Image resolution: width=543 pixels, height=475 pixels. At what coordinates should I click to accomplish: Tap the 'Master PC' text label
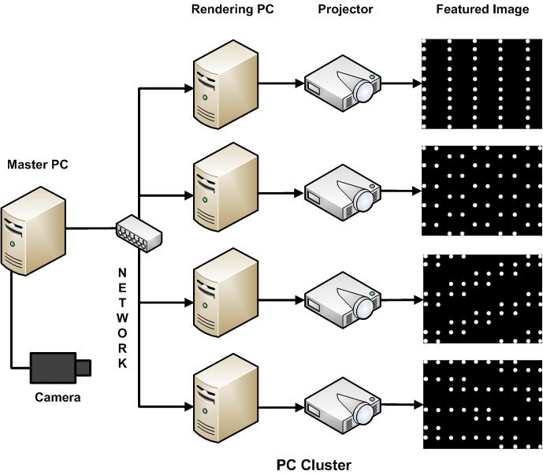click(37, 165)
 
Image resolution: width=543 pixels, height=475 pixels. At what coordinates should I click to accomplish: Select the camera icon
click(60, 366)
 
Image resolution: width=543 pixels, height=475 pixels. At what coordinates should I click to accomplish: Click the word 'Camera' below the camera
click(58, 397)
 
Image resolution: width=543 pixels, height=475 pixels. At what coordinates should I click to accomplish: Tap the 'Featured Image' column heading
click(482, 10)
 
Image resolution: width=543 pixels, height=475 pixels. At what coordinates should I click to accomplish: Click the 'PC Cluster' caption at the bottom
click(314, 465)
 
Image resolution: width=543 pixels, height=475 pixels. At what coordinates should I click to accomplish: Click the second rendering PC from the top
click(225, 191)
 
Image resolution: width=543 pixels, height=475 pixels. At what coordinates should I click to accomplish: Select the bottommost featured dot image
click(482, 405)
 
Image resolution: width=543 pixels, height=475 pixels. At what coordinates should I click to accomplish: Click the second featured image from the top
click(482, 191)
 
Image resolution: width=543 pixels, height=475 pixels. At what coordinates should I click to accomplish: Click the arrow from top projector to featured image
click(402, 82)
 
